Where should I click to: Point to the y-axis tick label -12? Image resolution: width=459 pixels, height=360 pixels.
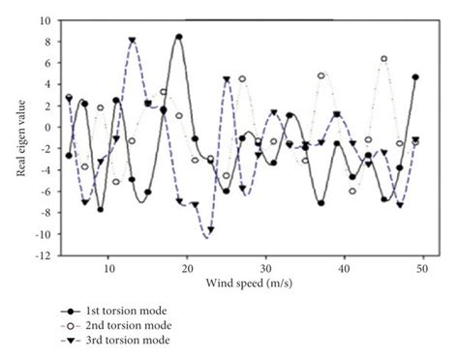(42, 256)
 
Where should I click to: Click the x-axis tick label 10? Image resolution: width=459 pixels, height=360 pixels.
(107, 267)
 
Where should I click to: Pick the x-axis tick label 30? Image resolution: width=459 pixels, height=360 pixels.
(266, 267)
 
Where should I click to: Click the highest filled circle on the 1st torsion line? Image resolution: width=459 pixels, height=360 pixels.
(179, 37)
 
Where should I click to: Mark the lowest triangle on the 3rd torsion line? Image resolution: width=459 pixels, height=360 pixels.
(208, 229)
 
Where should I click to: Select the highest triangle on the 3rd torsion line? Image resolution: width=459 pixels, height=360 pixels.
(132, 41)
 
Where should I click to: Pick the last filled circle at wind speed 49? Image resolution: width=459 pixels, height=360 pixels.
(415, 77)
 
